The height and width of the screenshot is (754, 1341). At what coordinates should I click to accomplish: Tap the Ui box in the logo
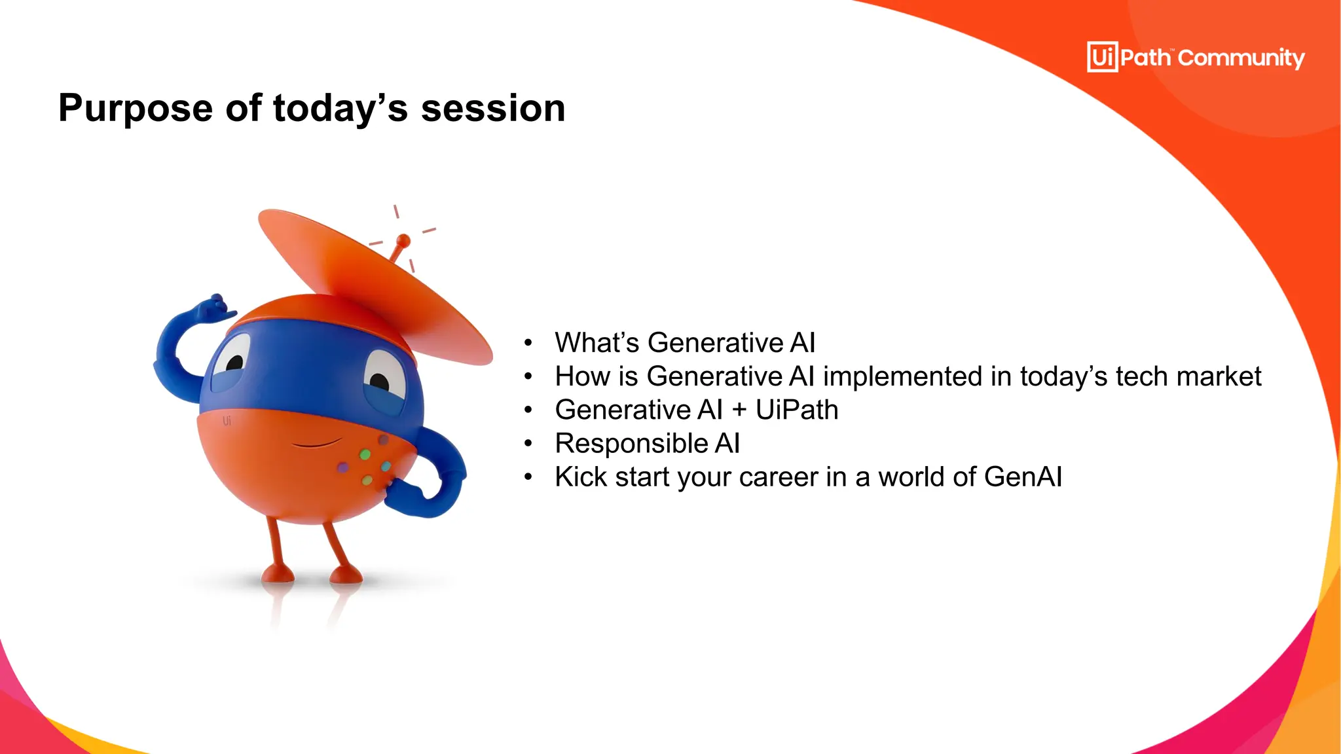pos(1102,57)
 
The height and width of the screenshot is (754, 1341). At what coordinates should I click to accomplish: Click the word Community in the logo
pos(1241,58)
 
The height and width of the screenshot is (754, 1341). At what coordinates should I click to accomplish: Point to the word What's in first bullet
pos(597,343)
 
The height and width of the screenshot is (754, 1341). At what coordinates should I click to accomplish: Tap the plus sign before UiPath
pos(739,410)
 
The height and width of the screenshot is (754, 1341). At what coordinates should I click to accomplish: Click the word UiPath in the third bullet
pos(797,410)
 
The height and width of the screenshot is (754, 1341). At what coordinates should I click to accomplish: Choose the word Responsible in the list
pos(631,444)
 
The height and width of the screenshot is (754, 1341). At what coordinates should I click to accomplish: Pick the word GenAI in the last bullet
pos(1022,477)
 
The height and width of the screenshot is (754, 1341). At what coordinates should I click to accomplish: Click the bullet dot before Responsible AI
pos(528,444)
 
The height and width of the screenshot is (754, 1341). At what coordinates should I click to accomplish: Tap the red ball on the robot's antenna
pos(404,241)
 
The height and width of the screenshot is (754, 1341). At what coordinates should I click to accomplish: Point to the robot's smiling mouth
pos(316,444)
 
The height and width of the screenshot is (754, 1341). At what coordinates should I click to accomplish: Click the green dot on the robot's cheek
pos(365,454)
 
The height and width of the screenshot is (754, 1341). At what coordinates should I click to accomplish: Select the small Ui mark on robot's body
pos(227,421)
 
